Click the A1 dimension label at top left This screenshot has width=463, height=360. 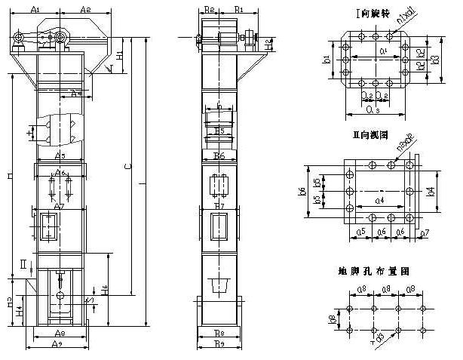point(35,9)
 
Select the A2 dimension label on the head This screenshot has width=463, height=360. point(85,9)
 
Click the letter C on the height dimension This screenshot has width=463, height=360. point(127,165)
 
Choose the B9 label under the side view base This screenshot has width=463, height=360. point(219,344)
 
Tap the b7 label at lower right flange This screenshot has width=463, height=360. point(424,233)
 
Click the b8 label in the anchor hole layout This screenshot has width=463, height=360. point(333,320)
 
